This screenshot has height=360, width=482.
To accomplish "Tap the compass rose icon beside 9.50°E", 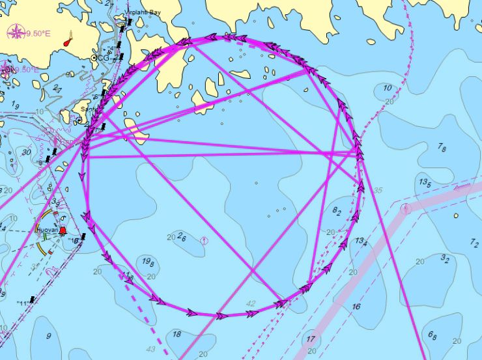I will click(x=16, y=31).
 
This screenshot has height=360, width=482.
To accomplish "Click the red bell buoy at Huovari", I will click(x=63, y=231).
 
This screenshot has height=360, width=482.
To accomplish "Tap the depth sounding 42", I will click(x=251, y=303).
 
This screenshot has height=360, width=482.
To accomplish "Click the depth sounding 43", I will click(x=150, y=349).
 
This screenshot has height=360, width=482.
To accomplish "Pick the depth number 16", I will click(x=356, y=307).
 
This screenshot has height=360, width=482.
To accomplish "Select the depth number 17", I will click(x=311, y=339).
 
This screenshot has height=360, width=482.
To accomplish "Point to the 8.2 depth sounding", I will click(x=337, y=211).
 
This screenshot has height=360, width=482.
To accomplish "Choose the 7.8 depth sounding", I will click(x=442, y=148).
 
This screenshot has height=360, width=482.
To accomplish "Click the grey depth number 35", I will click(x=378, y=191).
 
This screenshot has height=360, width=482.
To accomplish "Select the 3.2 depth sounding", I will click(x=445, y=259).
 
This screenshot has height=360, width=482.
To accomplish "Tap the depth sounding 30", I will click(x=26, y=152).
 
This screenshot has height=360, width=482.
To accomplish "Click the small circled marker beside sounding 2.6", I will click(x=204, y=241).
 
